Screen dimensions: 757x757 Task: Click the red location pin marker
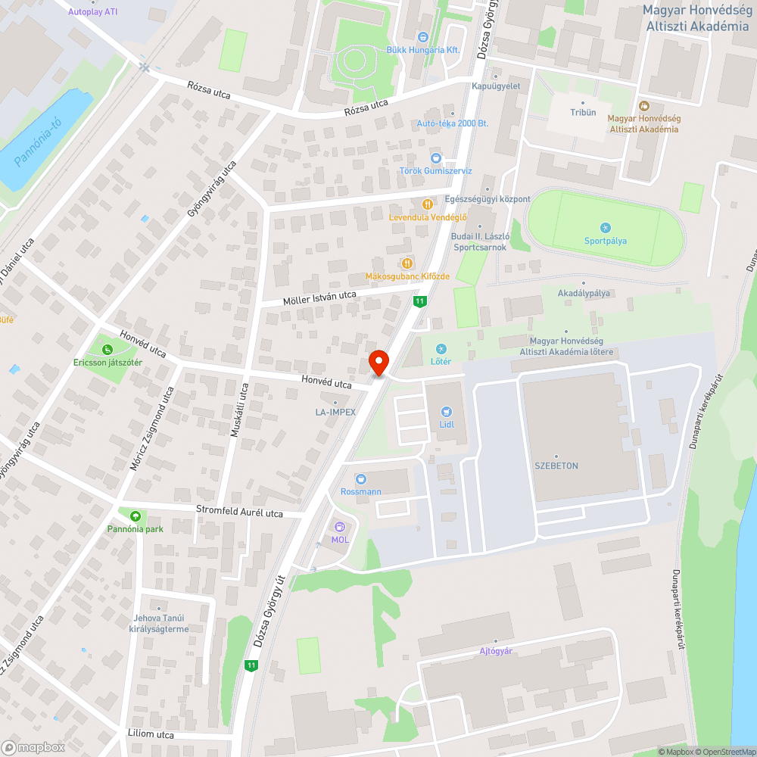[378, 362]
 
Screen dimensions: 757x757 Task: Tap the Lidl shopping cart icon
[446, 412]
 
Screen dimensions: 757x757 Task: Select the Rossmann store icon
[360, 478]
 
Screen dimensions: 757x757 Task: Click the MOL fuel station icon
[340, 527]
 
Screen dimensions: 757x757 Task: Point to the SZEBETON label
[556, 466]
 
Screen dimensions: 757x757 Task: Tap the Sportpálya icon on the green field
[605, 228]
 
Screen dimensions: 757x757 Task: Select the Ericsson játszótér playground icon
[107, 349]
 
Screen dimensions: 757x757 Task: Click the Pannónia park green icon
[135, 516]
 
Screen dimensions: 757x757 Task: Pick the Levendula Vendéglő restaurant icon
[427, 204]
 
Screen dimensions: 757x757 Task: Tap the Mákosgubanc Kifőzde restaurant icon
[407, 263]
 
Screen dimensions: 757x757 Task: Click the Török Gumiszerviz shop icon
[435, 158]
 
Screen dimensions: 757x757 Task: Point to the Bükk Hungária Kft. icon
[423, 36]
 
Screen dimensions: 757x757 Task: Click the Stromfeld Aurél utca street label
[239, 512]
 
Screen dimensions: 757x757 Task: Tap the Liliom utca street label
[151, 734]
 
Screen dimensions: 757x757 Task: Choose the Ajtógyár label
[496, 650]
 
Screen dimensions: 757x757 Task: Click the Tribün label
[583, 112]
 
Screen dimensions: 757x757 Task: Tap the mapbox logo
[33, 747]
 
